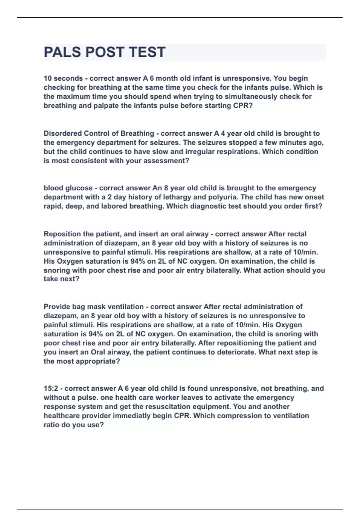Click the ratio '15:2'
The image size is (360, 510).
coord(51,388)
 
